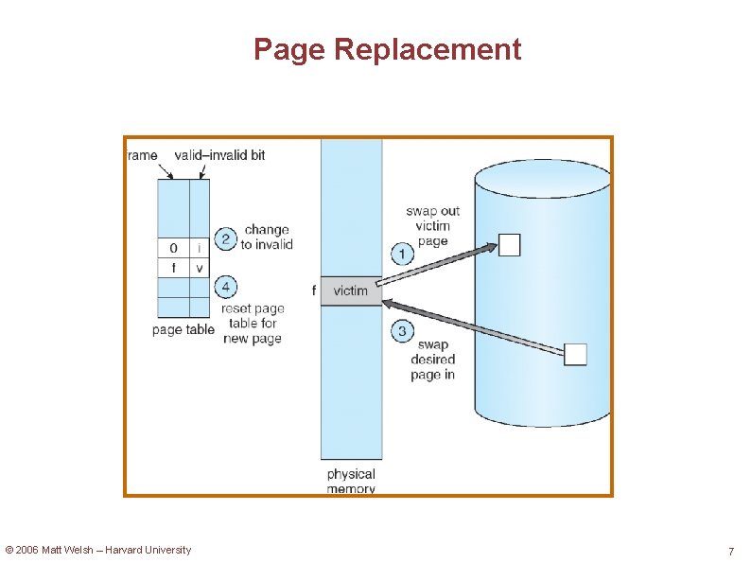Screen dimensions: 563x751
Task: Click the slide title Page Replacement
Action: coord(387,49)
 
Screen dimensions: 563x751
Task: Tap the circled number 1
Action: coord(402,254)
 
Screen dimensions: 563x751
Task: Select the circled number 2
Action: coord(225,238)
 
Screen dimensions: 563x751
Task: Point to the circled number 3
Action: coord(402,330)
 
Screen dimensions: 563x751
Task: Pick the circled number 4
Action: coord(225,286)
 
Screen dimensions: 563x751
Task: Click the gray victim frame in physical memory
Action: coord(351,290)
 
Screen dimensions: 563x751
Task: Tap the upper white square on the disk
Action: coord(509,245)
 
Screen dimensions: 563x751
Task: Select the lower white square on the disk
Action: coord(575,354)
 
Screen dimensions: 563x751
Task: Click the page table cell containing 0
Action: coord(173,248)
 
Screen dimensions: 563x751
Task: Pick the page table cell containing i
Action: coord(199,248)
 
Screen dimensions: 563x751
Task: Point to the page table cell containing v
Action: coord(199,268)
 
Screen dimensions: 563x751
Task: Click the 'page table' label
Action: coord(183,330)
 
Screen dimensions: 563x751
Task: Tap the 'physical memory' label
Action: coord(351,481)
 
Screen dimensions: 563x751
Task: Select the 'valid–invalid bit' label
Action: coord(220,154)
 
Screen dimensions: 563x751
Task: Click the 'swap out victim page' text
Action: coord(432,226)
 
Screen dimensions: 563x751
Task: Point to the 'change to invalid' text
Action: coord(267,237)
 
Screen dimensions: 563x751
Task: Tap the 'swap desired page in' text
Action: coord(432,360)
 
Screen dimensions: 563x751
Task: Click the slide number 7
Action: coord(730,552)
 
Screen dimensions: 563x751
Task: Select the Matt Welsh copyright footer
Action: coord(98,550)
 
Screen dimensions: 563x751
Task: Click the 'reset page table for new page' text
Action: coord(253,324)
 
